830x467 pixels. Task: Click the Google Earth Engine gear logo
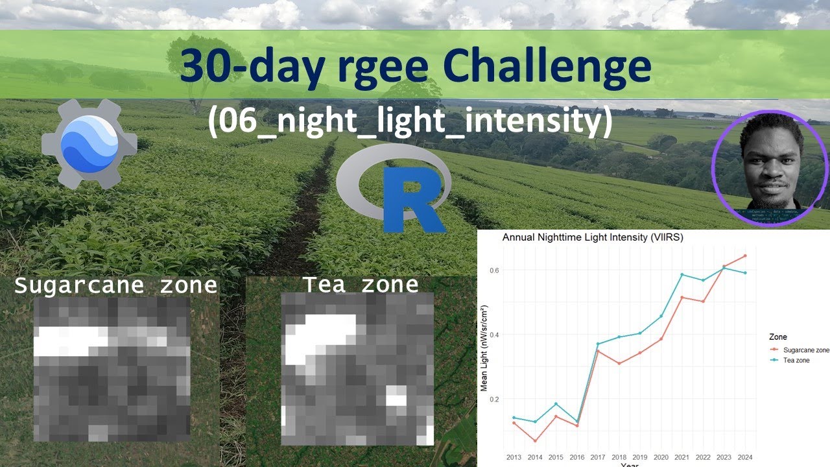click(x=89, y=143)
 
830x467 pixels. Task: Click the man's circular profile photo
click(x=770, y=169)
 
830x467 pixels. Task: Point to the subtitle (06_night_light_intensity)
click(x=410, y=121)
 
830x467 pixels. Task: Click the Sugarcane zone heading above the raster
click(x=115, y=285)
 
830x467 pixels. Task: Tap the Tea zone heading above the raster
click(x=361, y=284)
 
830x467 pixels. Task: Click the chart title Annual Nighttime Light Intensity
click(x=593, y=237)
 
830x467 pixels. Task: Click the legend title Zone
click(x=777, y=337)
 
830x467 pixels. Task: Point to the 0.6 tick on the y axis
click(x=495, y=270)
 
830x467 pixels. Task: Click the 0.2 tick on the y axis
click(x=495, y=399)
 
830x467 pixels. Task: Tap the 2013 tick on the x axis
click(x=514, y=457)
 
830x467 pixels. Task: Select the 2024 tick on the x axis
click(x=745, y=457)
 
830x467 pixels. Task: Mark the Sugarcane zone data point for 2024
click(x=745, y=256)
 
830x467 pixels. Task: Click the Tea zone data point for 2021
click(x=682, y=274)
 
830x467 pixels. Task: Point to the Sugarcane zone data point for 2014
click(x=535, y=441)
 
